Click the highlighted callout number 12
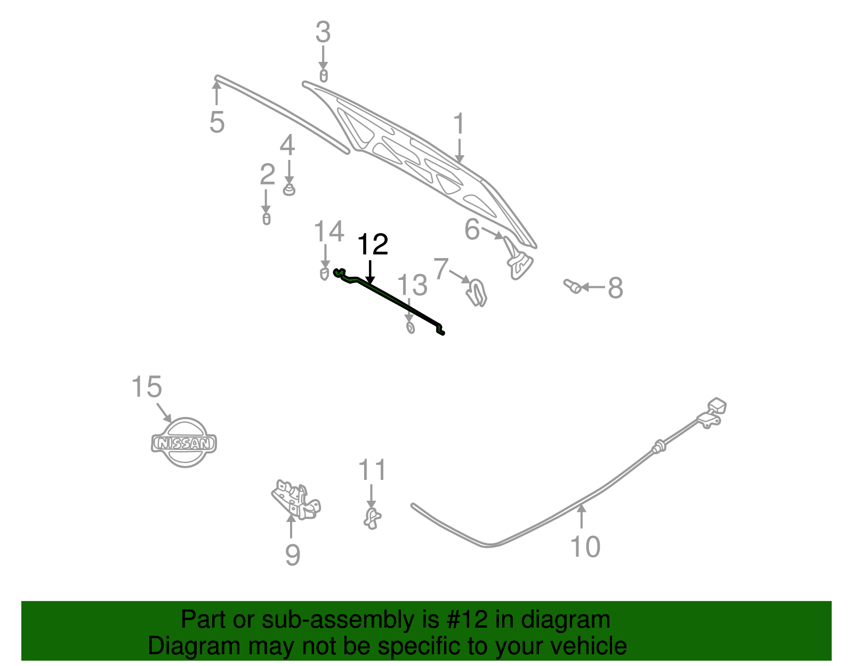pos(372,245)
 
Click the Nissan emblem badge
pos(184,443)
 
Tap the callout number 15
pos(147,387)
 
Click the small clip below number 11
pos(372,518)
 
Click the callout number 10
pos(585,547)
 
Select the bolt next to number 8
pos(573,286)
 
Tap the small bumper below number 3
pos(323,76)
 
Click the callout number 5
pos(217,122)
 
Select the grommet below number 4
pos(288,189)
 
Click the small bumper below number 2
pos(267,219)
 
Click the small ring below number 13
pos(410,327)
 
